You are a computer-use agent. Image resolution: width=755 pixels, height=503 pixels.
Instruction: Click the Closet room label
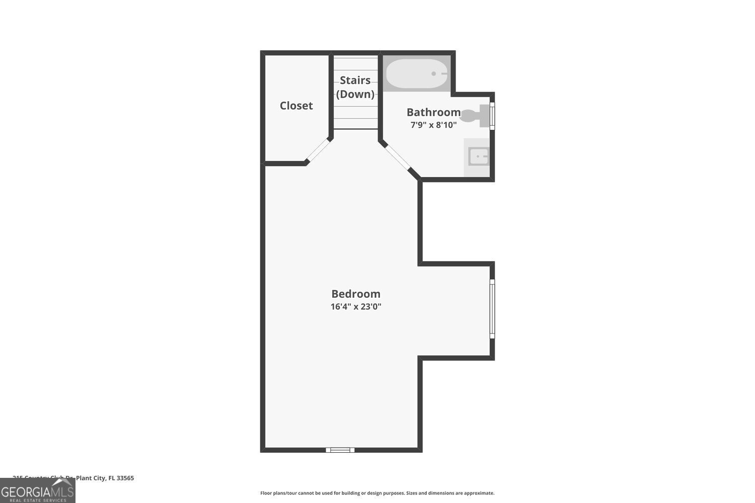point(296,106)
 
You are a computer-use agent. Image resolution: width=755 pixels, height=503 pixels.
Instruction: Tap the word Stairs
point(355,80)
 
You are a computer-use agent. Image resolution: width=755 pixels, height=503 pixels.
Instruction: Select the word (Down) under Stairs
point(355,94)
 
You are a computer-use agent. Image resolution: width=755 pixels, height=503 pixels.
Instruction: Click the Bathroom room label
point(433,112)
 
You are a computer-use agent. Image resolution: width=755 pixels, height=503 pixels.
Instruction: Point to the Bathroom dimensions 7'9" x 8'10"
point(433,125)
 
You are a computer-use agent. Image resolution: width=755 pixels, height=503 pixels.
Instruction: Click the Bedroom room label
point(356,294)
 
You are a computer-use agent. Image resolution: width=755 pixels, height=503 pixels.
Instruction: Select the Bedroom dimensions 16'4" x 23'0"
point(356,306)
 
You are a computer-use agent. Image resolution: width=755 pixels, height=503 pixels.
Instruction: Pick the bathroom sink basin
point(478,156)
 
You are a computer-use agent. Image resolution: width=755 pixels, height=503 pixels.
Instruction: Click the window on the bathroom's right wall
point(492,116)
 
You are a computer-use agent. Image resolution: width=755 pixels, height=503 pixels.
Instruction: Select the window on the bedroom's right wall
point(492,309)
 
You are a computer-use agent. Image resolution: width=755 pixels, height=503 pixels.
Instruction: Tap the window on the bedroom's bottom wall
point(340,450)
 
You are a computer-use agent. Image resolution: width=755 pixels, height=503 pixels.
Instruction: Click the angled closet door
point(318,150)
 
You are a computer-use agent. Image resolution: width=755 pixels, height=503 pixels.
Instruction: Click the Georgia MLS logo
point(37,490)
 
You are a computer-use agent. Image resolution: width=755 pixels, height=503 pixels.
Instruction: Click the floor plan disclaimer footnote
point(377,493)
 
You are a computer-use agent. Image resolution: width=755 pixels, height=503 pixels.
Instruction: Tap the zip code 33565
point(125,478)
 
